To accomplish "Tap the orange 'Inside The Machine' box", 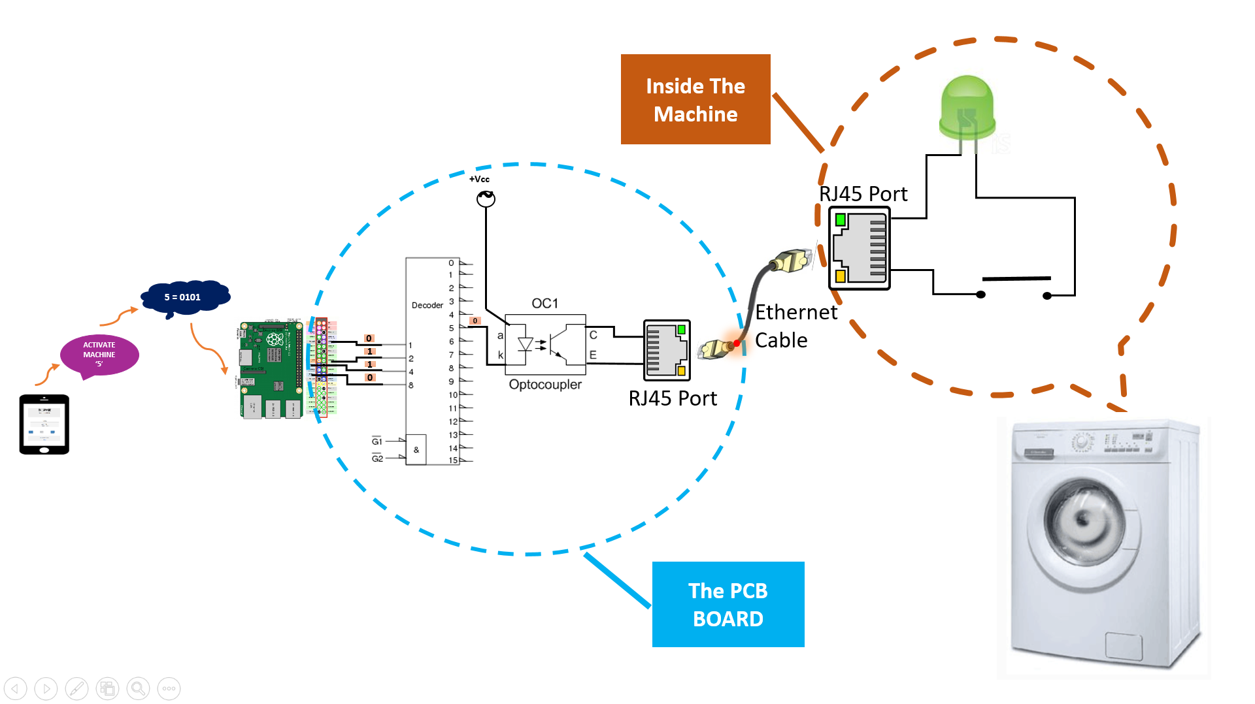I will click(695, 99).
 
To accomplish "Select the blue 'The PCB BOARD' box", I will click(728, 604).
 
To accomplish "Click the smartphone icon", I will click(44, 424).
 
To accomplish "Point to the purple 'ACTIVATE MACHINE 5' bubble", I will click(99, 355).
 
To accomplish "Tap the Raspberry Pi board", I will click(271, 369).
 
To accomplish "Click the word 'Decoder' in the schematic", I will click(427, 305).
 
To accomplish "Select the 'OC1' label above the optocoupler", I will click(544, 303).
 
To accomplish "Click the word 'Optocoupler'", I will click(545, 385).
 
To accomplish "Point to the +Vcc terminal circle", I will click(486, 199).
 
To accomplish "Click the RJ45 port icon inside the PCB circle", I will click(667, 350).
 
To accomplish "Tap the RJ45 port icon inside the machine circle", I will click(860, 248).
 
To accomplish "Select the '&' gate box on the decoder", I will click(416, 449).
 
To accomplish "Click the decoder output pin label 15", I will click(453, 460).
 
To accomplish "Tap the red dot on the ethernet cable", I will click(737, 343).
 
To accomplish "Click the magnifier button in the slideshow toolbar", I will click(138, 688).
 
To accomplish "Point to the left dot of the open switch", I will click(980, 295).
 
